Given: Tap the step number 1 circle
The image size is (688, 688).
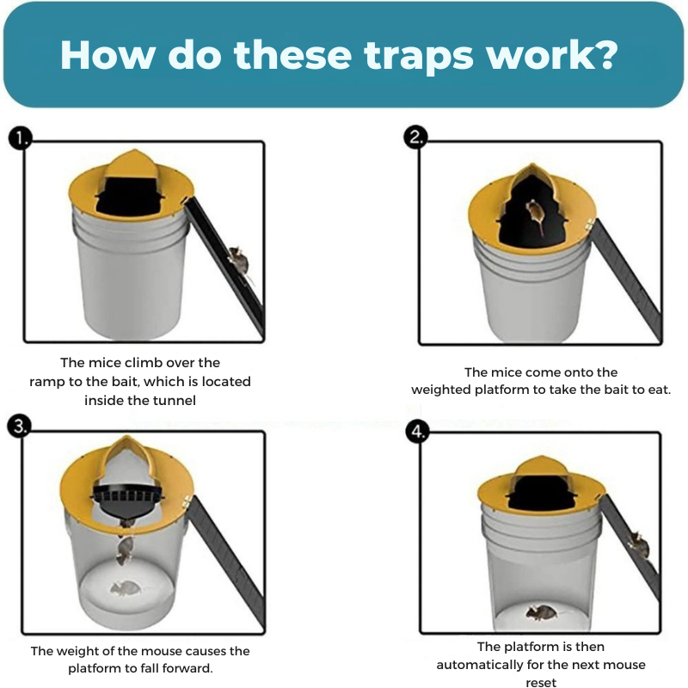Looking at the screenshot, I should point(20,138).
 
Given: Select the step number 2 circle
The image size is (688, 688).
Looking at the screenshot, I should point(417,138).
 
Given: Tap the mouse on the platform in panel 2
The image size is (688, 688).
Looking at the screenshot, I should point(535,215).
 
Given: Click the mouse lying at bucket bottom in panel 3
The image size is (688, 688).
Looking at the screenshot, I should point(125,589).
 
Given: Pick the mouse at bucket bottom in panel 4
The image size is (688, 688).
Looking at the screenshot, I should point(542,612).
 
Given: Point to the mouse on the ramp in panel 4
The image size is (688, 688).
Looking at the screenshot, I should point(637,540).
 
